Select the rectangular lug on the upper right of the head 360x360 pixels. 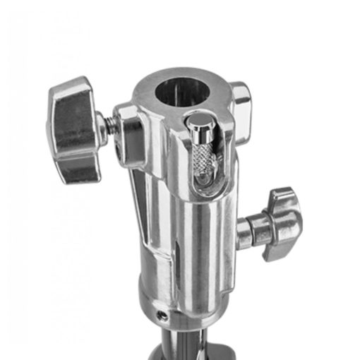pyautogui.click(x=241, y=102)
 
